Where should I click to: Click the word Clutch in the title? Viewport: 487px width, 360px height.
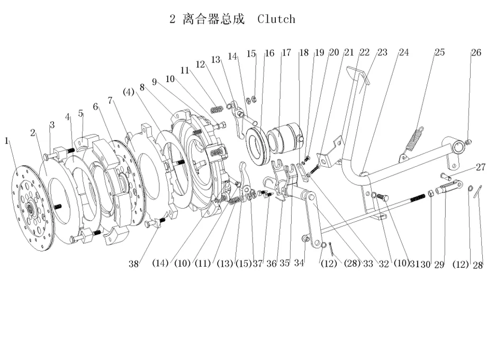pyautogui.click(x=276, y=19)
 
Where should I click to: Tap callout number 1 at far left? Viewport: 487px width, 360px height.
pyautogui.click(x=7, y=141)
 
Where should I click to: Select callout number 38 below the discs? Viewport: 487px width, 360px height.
pyautogui.click(x=135, y=264)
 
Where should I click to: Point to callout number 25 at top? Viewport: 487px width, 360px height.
pyautogui.click(x=440, y=52)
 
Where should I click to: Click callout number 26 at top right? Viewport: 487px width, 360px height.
pyautogui.click(x=476, y=52)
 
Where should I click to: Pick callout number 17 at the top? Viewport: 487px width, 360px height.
pyautogui.click(x=286, y=52)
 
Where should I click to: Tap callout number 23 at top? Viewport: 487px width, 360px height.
pyautogui.click(x=382, y=52)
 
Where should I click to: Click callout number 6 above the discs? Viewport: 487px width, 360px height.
pyautogui.click(x=95, y=107)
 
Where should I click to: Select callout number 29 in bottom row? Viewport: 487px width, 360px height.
pyautogui.click(x=439, y=264)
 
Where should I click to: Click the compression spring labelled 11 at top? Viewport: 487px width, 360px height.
pyautogui.click(x=216, y=110)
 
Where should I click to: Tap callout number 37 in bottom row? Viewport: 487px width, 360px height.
pyautogui.click(x=258, y=264)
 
